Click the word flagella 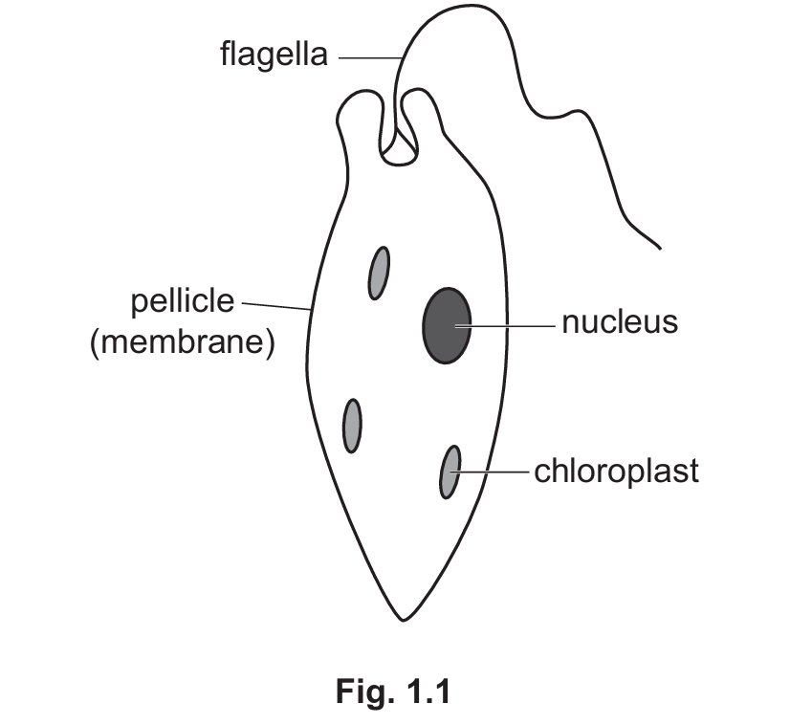point(274,55)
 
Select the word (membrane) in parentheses point(183,343)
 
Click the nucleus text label point(620,322)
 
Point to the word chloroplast point(616,472)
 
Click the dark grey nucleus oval point(447,325)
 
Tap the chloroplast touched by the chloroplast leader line point(450,472)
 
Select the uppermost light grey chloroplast point(379,274)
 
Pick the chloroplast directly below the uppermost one point(352,426)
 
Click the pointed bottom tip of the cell point(403,621)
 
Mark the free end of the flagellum point(660,249)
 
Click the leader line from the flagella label point(370,58)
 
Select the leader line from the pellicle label point(276,306)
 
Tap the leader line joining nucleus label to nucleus point(504,326)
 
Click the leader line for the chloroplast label point(490,472)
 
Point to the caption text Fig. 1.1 point(393,692)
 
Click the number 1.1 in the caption point(428,691)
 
